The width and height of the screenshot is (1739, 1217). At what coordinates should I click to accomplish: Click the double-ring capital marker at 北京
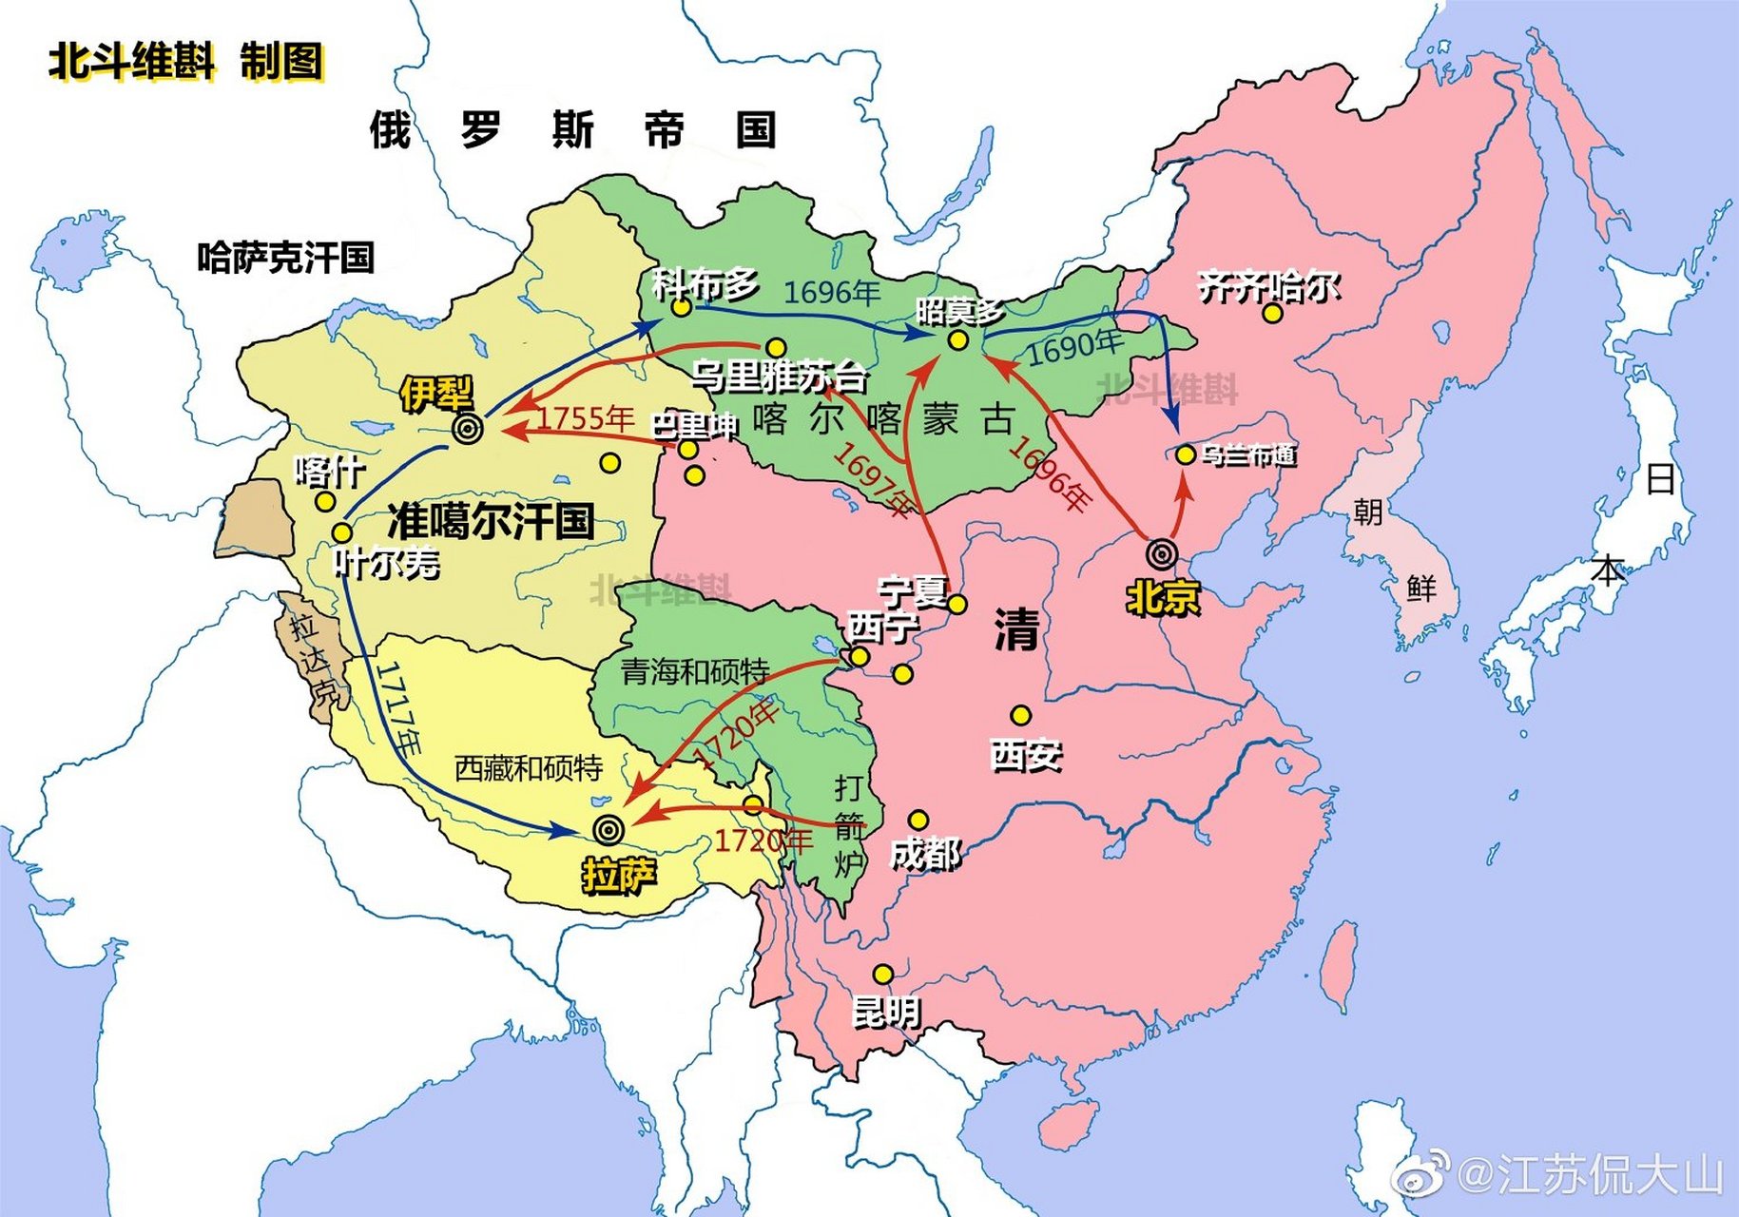1162,554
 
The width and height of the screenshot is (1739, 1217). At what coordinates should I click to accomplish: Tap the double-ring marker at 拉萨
609,830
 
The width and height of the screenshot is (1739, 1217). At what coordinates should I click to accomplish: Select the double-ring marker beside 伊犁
467,429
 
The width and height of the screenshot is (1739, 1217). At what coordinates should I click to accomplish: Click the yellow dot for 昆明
883,975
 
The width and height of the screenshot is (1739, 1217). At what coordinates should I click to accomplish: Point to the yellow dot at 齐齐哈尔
1272,314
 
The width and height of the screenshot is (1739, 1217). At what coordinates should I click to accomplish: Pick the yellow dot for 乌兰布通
1186,455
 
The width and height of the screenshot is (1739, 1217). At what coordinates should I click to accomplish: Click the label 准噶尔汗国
491,521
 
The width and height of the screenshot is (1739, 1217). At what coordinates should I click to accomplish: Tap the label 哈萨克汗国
285,258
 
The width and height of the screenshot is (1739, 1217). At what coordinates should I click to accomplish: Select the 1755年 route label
586,418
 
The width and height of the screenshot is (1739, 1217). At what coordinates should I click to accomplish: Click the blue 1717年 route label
398,709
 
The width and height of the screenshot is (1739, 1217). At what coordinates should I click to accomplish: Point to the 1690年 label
1075,347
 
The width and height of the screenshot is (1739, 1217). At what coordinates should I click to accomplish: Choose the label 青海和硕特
695,671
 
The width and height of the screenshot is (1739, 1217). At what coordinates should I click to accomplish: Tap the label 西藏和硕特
528,768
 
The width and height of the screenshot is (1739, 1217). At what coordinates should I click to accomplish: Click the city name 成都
925,855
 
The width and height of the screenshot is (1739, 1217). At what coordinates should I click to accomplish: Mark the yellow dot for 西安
1020,715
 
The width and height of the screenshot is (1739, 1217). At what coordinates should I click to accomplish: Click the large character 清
1016,629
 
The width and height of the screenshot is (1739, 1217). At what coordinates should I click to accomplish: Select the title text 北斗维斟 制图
186,63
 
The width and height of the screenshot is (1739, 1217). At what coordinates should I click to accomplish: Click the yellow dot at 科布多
681,308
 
